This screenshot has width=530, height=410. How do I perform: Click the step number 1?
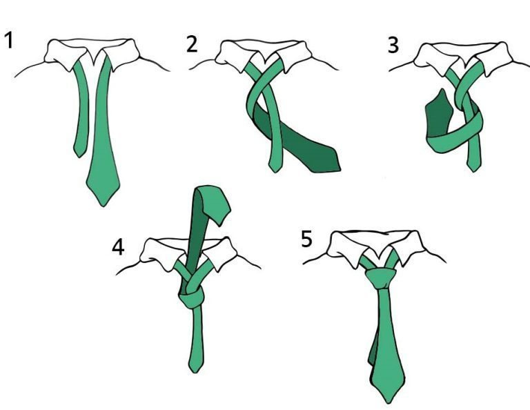9,40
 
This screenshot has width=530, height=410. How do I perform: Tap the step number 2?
192,45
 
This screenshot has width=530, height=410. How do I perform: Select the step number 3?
393,46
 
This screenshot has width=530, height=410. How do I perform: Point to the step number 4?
118,247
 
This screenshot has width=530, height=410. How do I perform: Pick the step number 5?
306,239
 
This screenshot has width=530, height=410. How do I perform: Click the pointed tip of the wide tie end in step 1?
103,206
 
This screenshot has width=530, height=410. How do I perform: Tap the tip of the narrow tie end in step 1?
79,157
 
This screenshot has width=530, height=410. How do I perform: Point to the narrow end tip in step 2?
275,172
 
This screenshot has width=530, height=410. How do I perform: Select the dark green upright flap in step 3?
438,113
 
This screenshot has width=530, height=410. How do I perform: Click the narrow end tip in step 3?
473,171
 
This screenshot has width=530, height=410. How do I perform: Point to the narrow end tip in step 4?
195,372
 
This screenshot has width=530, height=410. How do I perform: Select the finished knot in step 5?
381,278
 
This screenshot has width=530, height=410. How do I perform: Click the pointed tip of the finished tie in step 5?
389,403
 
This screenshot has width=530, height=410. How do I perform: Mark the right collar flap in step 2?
294,56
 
